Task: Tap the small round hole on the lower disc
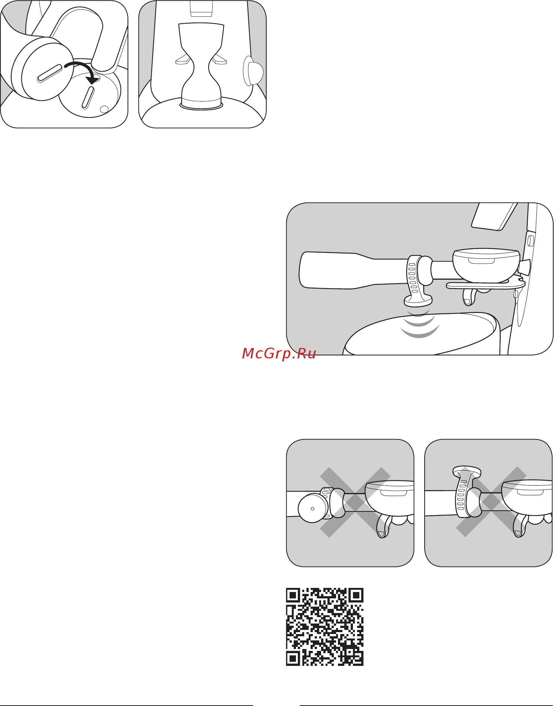[104, 109]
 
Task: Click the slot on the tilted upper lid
[50, 73]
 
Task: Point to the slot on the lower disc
[87, 97]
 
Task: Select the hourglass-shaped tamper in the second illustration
[201, 66]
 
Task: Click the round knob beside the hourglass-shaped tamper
[253, 71]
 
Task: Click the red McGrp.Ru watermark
[279, 354]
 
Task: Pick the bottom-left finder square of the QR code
[293, 658]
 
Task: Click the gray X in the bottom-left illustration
[355, 502]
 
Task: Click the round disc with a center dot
[313, 508]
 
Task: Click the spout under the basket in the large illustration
[469, 297]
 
